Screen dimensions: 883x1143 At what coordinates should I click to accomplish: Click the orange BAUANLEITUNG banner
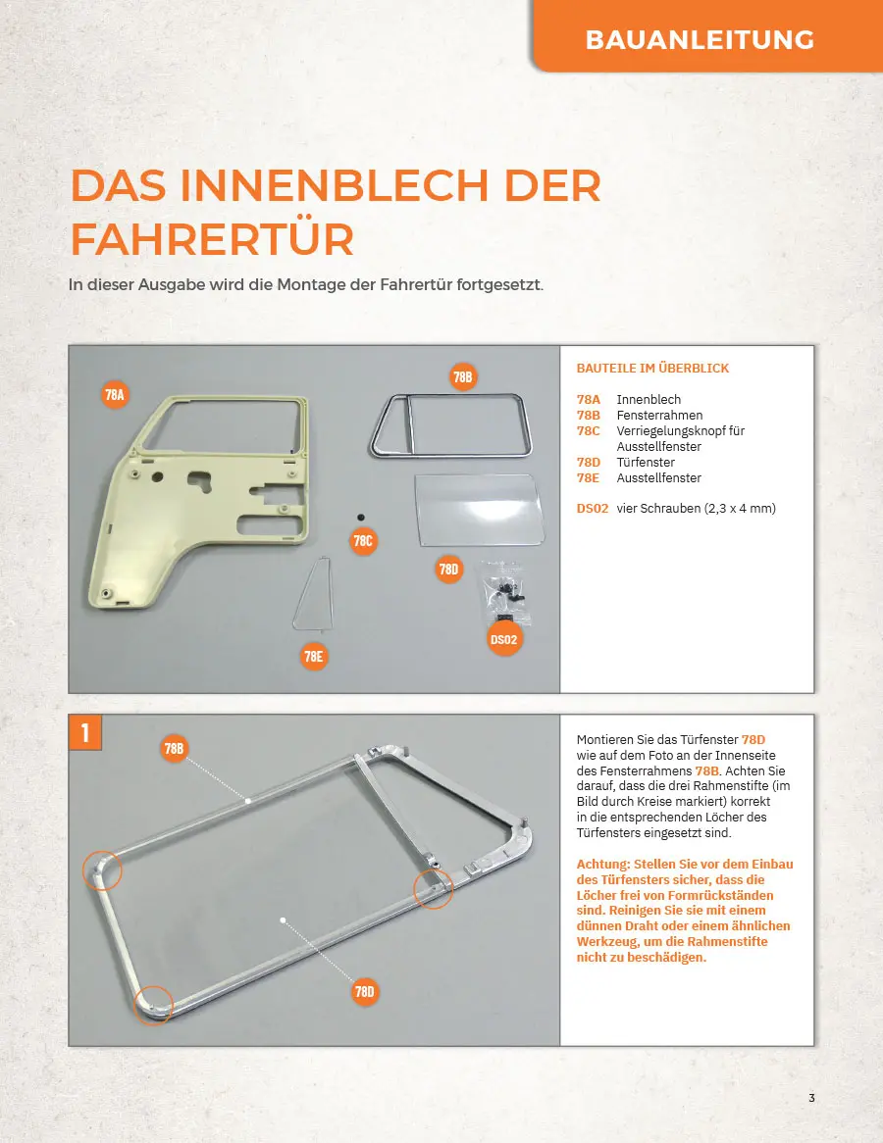pos(707,35)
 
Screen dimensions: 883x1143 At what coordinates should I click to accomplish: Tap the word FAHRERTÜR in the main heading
pos(212,239)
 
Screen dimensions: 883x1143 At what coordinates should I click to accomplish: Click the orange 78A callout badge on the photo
pos(115,395)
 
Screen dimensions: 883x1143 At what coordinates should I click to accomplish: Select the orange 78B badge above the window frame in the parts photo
pos(463,376)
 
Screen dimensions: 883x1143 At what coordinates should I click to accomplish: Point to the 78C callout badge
pos(363,541)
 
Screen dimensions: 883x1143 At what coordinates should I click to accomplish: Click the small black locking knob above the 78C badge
pos(360,517)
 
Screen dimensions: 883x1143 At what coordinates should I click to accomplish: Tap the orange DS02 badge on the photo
pos(503,639)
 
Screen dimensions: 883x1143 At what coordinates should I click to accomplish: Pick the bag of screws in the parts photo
pos(502,589)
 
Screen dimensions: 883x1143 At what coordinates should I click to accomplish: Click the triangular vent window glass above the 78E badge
pos(315,594)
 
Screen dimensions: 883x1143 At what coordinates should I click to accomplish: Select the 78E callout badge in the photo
pos(313,656)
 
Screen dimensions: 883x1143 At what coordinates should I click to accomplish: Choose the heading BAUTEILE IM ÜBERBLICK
pos(652,369)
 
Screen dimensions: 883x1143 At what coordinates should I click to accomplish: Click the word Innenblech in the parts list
pos(648,400)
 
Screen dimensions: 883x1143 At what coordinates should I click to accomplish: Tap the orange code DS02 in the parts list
pos(592,508)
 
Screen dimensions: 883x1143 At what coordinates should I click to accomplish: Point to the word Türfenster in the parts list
pos(646,462)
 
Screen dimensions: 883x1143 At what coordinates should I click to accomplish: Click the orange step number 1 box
pos(84,732)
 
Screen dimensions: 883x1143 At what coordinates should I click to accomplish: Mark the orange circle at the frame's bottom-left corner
pos(153,1005)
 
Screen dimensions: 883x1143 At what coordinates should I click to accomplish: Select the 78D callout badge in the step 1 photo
pos(364,991)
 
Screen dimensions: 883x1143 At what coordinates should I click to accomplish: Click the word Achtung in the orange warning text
pos(602,864)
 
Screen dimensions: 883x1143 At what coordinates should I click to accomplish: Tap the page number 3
pos(811,1098)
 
